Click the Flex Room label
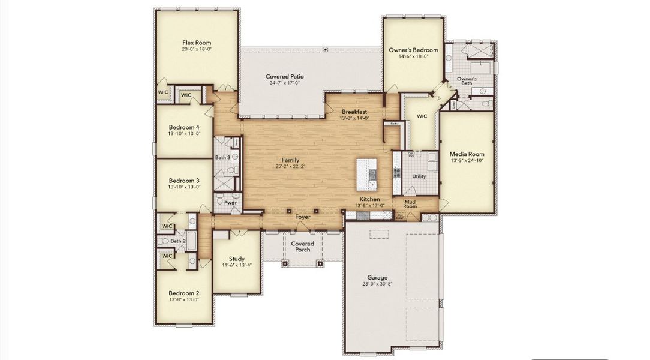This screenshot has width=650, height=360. coord(197,43)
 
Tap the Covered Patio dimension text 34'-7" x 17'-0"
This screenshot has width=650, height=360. coord(286,83)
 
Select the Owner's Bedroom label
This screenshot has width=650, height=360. coord(413,50)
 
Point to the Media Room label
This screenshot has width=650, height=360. coord(467,154)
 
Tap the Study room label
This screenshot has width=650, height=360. coord(236,259)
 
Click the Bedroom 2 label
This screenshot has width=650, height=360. coord(184,293)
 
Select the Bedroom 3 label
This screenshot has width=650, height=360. coord(184,181)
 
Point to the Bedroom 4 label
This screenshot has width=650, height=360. coord(184,127)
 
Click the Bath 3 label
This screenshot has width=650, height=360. coord(222,157)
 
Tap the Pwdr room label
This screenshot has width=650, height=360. coord(231,203)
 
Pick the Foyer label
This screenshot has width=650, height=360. coord(303,217)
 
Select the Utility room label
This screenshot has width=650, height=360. coord(419,176)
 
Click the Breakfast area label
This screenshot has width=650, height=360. coord(354,112)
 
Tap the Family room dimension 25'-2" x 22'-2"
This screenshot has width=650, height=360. coord(290,167)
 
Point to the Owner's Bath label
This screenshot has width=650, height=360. coord(467,81)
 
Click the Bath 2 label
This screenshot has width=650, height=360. coord(177,241)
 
